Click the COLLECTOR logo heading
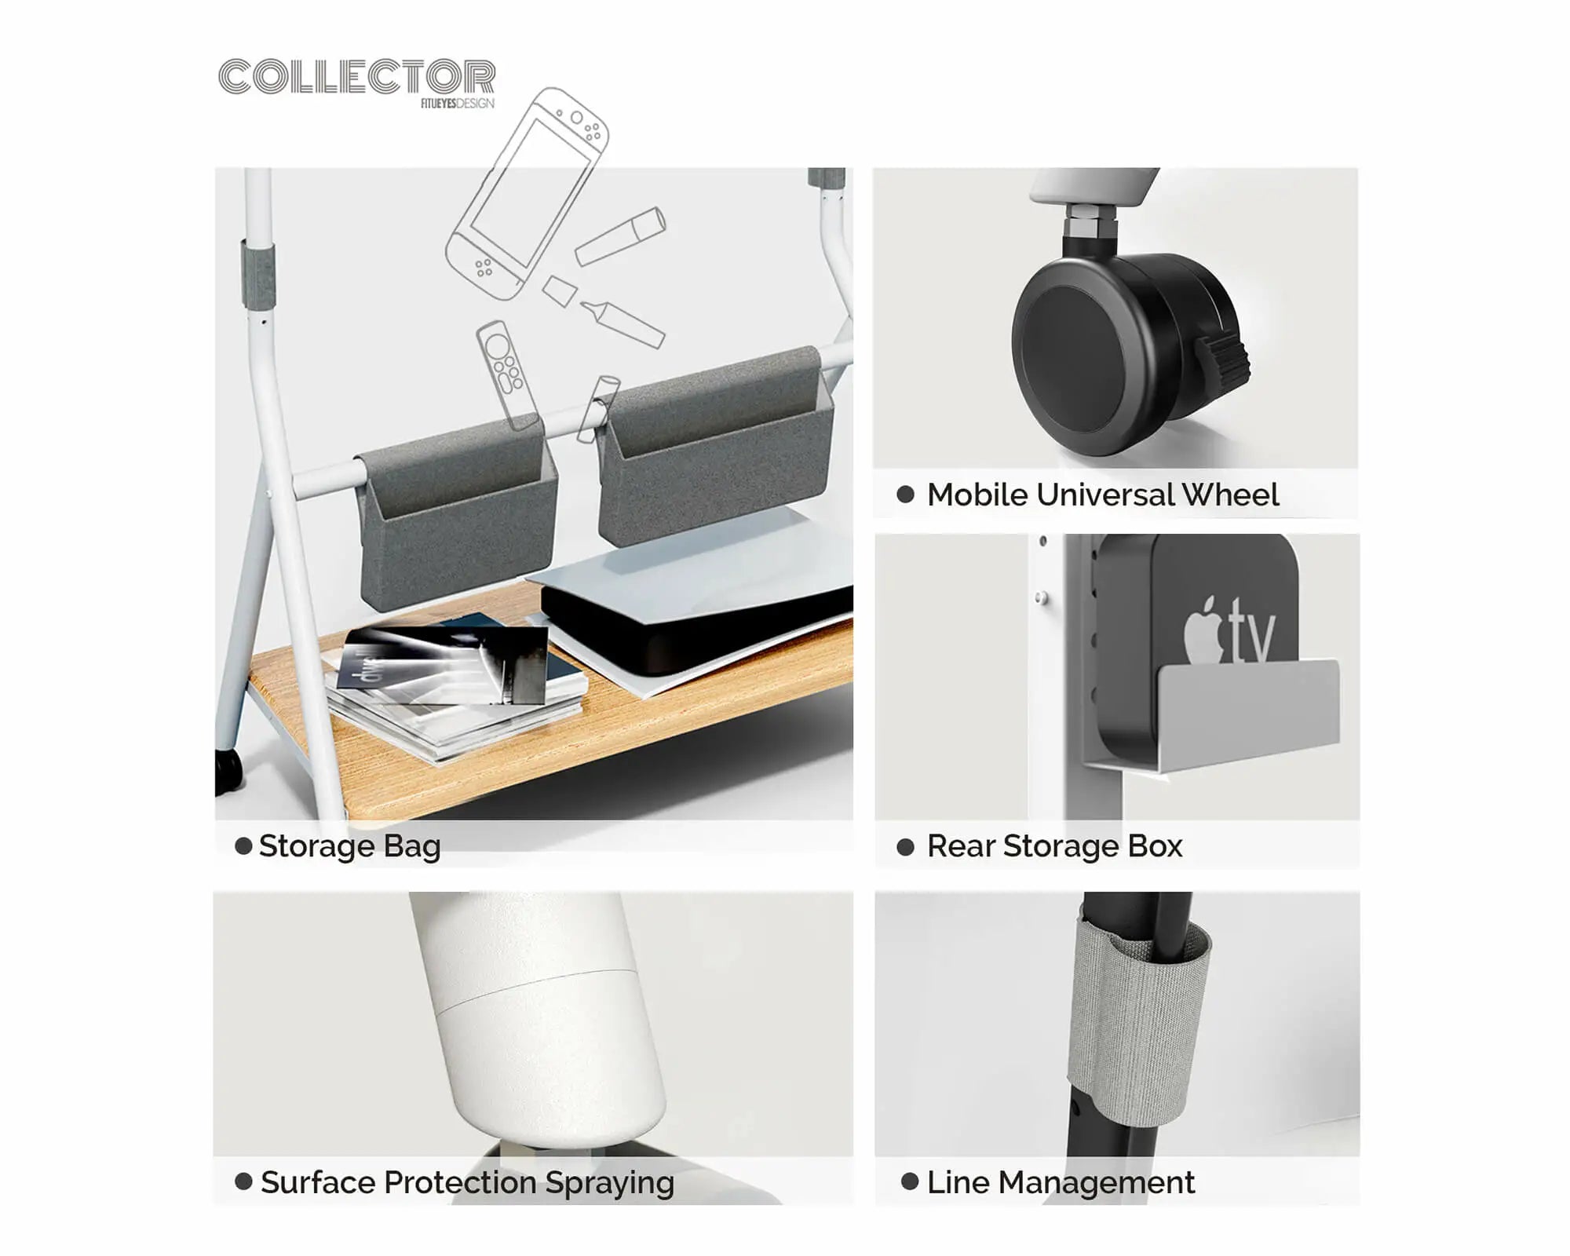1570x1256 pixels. point(357,77)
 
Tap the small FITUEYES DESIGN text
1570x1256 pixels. point(458,104)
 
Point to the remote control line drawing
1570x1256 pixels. point(507,375)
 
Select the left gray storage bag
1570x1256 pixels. point(457,514)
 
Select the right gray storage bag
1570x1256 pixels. point(714,447)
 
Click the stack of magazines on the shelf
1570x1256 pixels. point(455,691)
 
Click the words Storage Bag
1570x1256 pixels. point(349,846)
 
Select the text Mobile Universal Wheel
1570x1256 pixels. point(1103,495)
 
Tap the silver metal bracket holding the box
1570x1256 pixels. point(1213,714)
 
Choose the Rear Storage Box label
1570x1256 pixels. point(1054,846)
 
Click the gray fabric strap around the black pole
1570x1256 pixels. point(1138,1020)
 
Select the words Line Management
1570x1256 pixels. point(1061,1182)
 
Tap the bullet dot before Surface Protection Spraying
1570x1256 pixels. point(243,1181)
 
